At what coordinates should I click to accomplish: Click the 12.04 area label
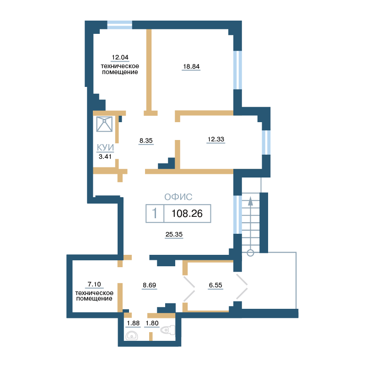pos(120,57)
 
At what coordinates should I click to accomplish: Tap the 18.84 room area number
pos(191,66)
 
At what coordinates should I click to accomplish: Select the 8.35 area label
pos(146,140)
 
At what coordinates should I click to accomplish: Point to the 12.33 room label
pos(216,139)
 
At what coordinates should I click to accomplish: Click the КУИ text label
pos(105,147)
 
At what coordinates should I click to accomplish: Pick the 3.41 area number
pos(105,156)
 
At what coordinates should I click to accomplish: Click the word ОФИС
pos(178,197)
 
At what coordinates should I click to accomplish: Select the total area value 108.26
pos(187,214)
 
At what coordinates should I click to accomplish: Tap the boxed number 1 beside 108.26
pos(155,213)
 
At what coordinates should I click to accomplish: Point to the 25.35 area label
pos(174,234)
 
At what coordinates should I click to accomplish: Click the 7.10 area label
pos(94,284)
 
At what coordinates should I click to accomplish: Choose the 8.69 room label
pos(150,285)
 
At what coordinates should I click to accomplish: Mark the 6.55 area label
pos(215,285)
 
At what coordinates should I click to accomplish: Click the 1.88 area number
pos(133,323)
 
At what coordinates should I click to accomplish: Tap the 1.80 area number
pos(152,323)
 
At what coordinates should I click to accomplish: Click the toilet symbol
pos(168,330)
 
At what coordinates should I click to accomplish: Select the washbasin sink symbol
pos(132,336)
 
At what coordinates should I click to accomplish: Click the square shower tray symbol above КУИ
pos(104,124)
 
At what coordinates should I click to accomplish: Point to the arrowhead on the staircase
pos(250,201)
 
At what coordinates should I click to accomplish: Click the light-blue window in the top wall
pos(119,25)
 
